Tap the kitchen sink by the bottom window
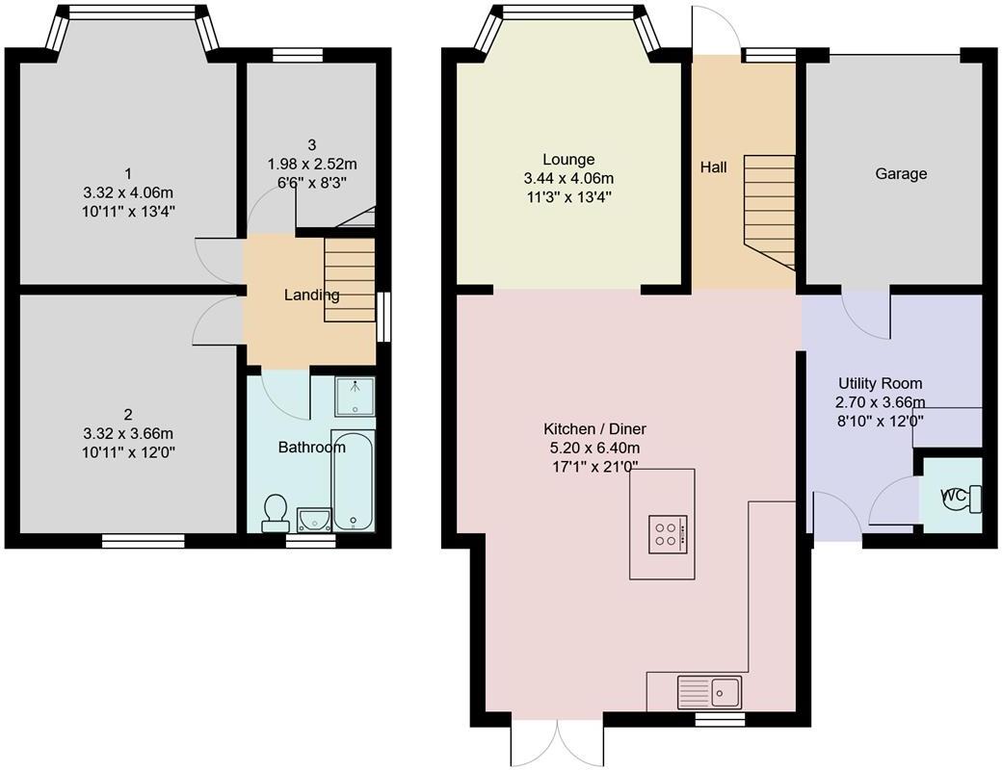(708, 690)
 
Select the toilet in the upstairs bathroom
(275, 512)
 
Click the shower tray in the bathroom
(354, 396)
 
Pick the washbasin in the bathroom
(314, 520)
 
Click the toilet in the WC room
(963, 498)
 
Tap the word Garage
(901, 174)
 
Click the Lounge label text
(568, 160)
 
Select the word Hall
(713, 167)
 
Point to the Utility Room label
(880, 383)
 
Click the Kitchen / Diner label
(594, 429)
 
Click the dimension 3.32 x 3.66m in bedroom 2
(127, 432)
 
